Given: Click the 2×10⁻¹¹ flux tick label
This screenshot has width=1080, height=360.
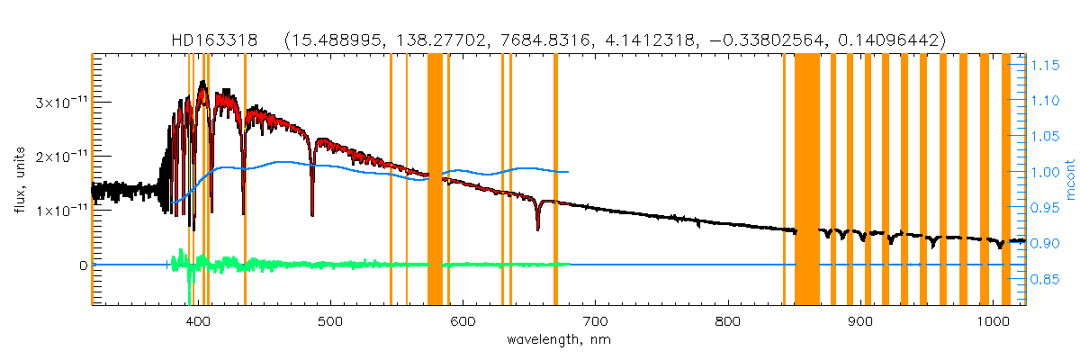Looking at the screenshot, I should tap(57, 157).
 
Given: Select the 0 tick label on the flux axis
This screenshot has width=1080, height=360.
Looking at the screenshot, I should tap(83, 265).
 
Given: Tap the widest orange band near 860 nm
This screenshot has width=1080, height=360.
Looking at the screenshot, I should tap(806, 180).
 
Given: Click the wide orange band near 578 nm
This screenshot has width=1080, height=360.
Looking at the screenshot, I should tap(435, 180).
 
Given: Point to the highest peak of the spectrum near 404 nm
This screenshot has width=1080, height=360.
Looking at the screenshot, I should tap(202, 82).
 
